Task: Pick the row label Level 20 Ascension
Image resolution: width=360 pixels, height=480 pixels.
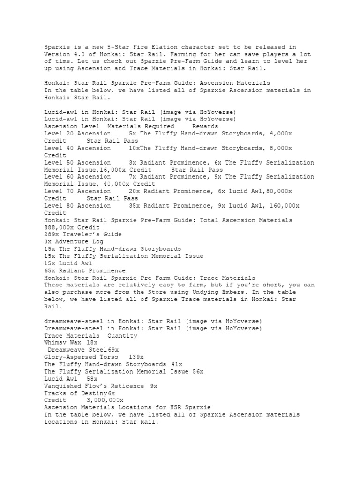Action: [77, 134]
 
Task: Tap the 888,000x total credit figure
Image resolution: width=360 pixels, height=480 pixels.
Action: [61, 227]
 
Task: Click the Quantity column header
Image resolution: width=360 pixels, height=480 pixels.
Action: [122, 336]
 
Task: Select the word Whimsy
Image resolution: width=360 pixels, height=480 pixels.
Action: [56, 343]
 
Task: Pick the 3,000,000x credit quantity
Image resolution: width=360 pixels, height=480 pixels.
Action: [105, 400]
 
